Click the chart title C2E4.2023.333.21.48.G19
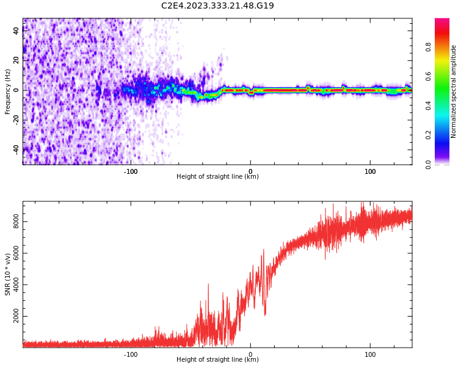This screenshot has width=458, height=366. click(217, 5)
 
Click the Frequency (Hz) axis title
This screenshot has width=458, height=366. click(8, 91)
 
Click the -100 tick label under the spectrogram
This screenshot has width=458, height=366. click(131, 171)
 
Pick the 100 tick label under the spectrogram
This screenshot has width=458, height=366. click(370, 171)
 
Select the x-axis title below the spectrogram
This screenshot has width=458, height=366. click(217, 177)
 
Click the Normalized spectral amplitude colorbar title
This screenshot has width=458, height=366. click(454, 91)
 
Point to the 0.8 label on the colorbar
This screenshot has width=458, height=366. click(429, 47)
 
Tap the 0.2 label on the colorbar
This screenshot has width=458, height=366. click(429, 135)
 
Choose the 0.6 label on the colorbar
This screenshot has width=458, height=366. click(429, 76)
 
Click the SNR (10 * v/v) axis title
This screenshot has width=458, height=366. click(8, 274)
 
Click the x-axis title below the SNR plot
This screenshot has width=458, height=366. click(217, 360)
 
